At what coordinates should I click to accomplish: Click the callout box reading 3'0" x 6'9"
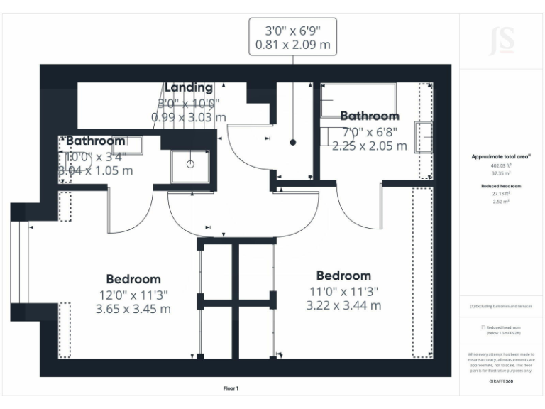tap(292, 38)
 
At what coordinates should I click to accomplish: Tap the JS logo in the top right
tap(502, 42)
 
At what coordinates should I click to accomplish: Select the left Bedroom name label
tap(133, 279)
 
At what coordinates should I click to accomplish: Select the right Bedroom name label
tap(343, 276)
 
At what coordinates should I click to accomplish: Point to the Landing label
tap(189, 87)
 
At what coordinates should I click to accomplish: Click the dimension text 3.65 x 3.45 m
tap(133, 309)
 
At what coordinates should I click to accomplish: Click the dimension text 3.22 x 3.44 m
tap(343, 305)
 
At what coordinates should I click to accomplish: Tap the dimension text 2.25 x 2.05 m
tap(369, 146)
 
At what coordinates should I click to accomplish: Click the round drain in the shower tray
tap(190, 164)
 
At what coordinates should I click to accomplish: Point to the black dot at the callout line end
tap(292, 143)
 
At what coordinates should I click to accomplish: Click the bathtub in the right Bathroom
tap(358, 99)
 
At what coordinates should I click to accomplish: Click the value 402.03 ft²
tap(502, 165)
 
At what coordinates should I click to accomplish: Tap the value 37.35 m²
tap(502, 173)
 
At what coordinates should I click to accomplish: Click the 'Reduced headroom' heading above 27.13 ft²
tap(502, 185)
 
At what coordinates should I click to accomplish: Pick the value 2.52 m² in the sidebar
tap(502, 202)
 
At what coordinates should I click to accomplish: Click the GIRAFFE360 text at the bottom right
tap(502, 381)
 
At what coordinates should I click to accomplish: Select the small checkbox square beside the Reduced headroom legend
tap(483, 327)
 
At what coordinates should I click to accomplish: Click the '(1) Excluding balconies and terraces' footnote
tap(502, 307)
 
